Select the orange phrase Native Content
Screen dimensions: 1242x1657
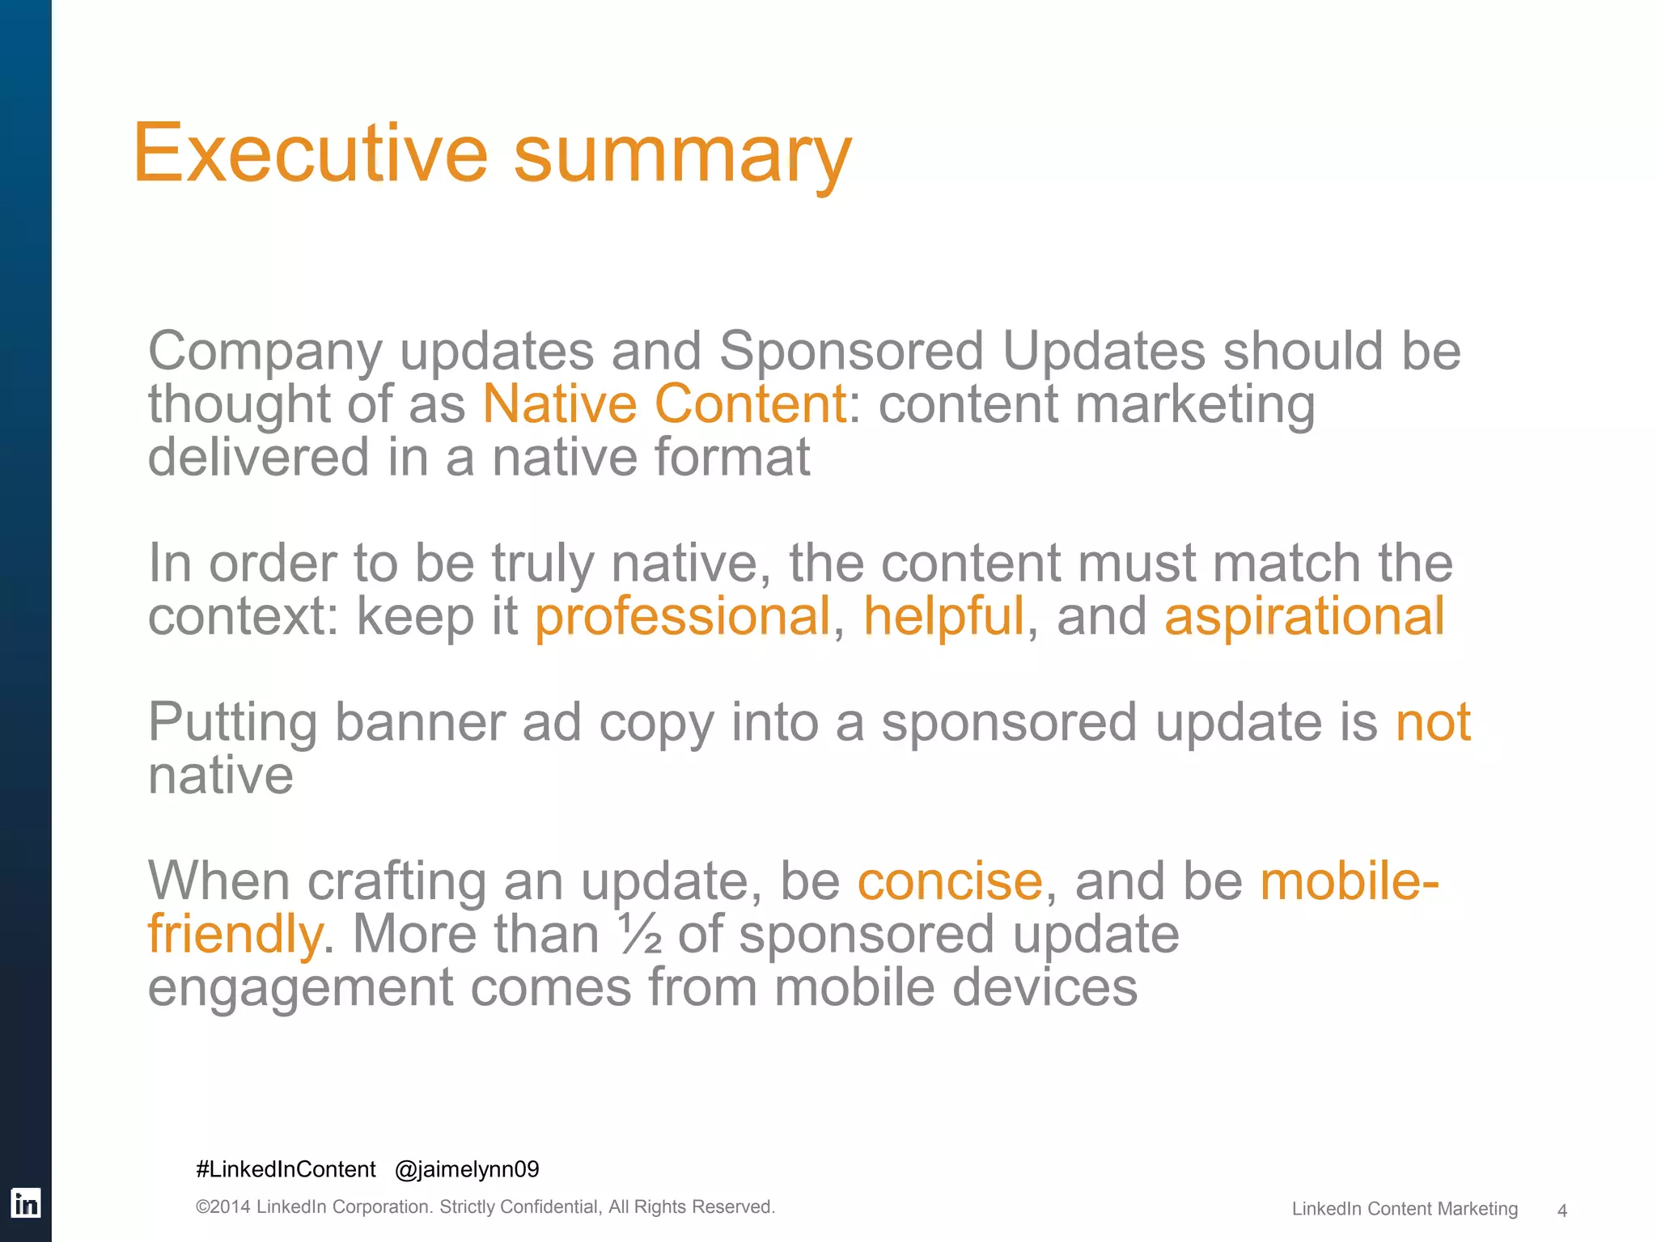pos(663,403)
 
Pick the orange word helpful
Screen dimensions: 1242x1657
pos(943,616)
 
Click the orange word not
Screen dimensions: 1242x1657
pos(1433,721)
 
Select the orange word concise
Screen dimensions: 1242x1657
pos(950,881)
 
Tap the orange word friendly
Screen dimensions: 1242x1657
pos(235,935)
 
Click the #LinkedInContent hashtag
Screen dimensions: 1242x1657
pos(286,1169)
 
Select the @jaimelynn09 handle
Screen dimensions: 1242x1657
pos(467,1169)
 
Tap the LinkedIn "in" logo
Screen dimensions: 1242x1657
pos(25,1203)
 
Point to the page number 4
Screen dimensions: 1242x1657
pos(1562,1210)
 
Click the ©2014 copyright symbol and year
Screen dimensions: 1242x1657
pos(223,1207)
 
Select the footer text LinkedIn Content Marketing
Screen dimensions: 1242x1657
pos(1405,1209)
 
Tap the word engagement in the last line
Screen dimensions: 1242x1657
pos(300,988)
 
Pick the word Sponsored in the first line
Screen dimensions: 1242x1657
pos(851,351)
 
